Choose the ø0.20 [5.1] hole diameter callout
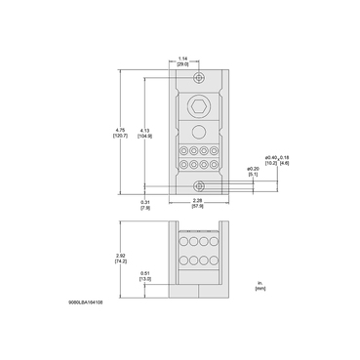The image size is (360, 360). point(252,172)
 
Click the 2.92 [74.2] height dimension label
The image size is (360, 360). point(133,259)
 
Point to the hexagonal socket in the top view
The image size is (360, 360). point(199,108)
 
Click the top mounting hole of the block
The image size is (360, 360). point(199,78)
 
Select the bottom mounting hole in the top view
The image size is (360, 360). point(199,184)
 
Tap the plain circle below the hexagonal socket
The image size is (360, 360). point(199,132)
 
